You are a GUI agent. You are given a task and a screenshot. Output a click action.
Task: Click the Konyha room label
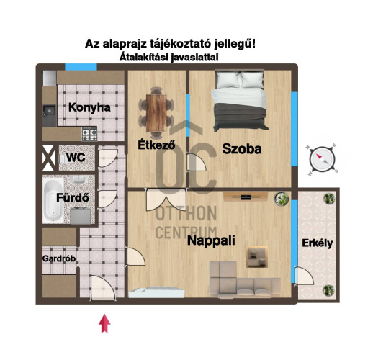tap(89, 107)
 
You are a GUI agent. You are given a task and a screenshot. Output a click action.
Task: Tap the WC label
tap(76, 158)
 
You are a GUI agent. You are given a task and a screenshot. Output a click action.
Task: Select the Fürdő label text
tap(73, 198)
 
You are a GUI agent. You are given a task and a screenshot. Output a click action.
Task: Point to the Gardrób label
tap(59, 258)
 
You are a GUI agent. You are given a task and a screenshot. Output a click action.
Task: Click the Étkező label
tap(156, 145)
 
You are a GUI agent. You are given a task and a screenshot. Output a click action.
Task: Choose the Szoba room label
tap(242, 149)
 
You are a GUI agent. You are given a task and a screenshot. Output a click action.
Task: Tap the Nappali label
tap(211, 240)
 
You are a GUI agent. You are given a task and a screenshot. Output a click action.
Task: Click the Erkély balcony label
tap(317, 243)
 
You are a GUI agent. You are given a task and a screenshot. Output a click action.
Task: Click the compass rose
tap(322, 159)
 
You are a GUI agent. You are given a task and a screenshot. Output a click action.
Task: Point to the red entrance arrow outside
tap(104, 323)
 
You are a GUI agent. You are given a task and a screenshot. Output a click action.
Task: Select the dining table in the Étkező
tap(156, 113)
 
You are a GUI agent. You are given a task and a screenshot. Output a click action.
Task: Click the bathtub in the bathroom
tap(53, 201)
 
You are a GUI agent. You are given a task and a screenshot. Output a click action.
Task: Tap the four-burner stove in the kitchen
tap(89, 135)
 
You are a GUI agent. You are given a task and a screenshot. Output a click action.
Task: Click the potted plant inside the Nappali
tap(282, 199)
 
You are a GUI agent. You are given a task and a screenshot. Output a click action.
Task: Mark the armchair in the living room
tap(257, 257)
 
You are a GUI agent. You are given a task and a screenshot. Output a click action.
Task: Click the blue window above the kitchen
tap(81, 67)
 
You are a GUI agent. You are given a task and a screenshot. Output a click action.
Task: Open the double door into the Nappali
tap(166, 199)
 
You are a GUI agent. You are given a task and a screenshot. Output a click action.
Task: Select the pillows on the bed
tap(240, 79)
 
